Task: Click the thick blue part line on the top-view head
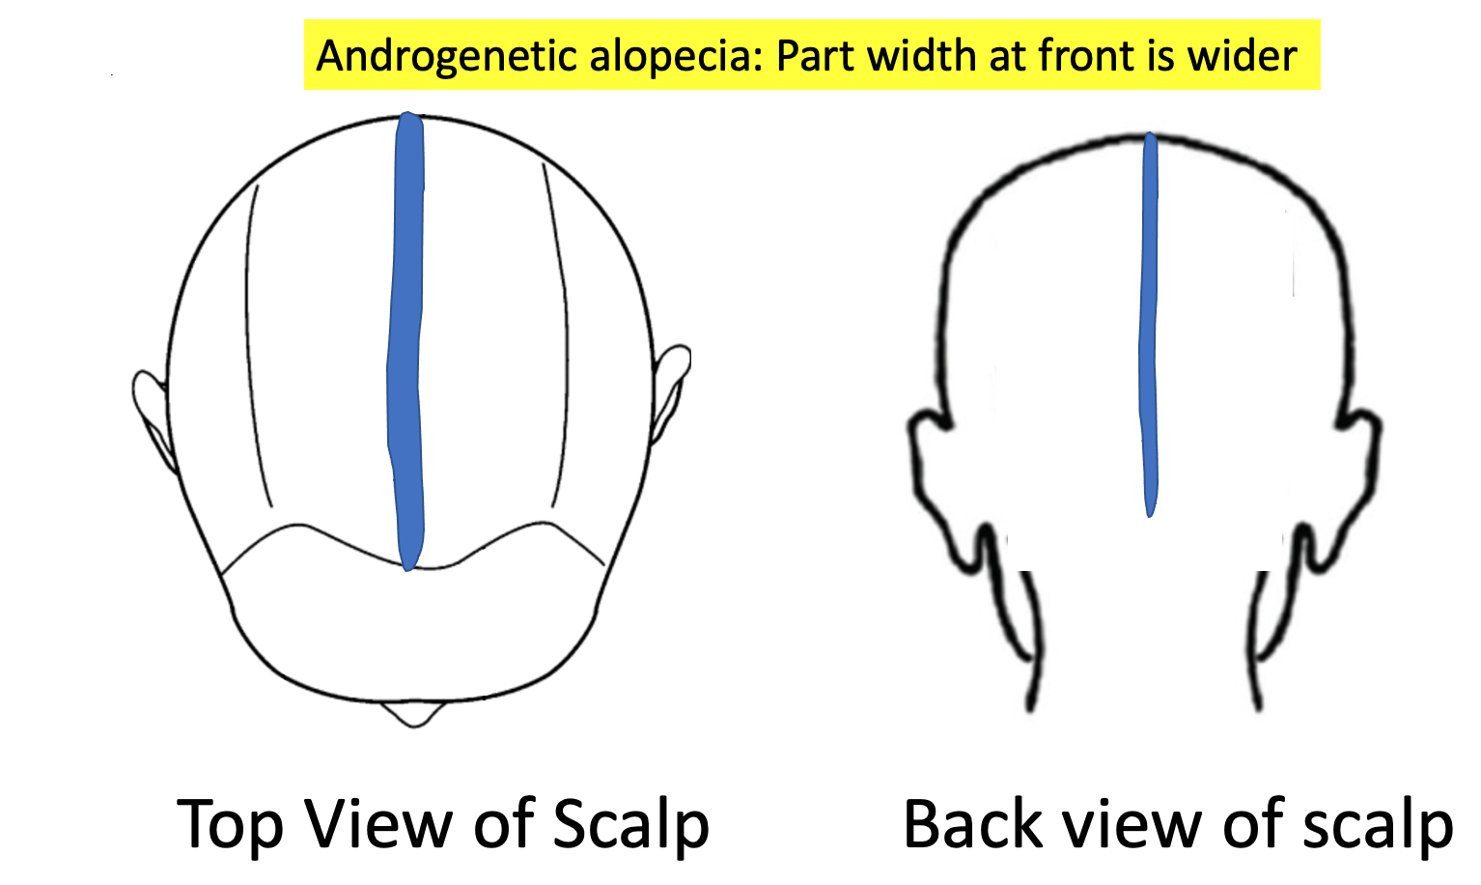[x=405, y=338]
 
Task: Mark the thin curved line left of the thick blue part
[x=253, y=338]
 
